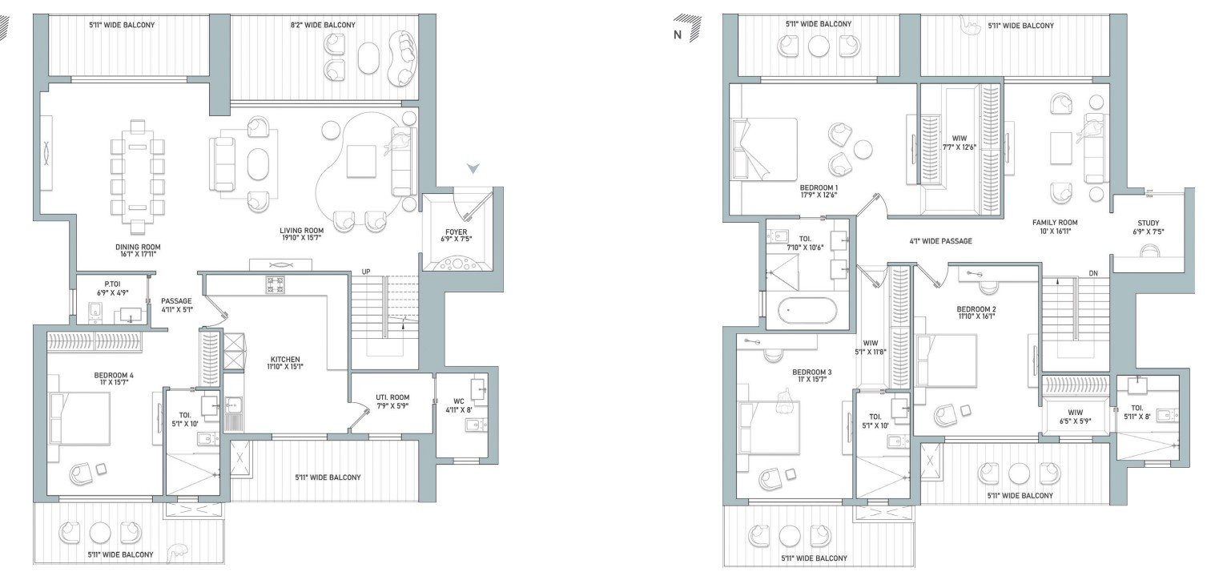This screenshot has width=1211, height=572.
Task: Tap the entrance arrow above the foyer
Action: click(473, 168)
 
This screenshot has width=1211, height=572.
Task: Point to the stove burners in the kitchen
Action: click(275, 284)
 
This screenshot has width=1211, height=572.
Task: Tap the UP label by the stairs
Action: click(366, 271)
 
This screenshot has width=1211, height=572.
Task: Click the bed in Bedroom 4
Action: click(80, 417)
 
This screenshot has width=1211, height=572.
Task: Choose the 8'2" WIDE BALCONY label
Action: click(323, 25)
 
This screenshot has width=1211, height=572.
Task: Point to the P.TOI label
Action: click(101, 284)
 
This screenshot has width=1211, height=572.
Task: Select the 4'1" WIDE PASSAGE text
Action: click(941, 240)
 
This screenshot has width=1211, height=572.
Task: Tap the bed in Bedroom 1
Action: click(764, 149)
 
